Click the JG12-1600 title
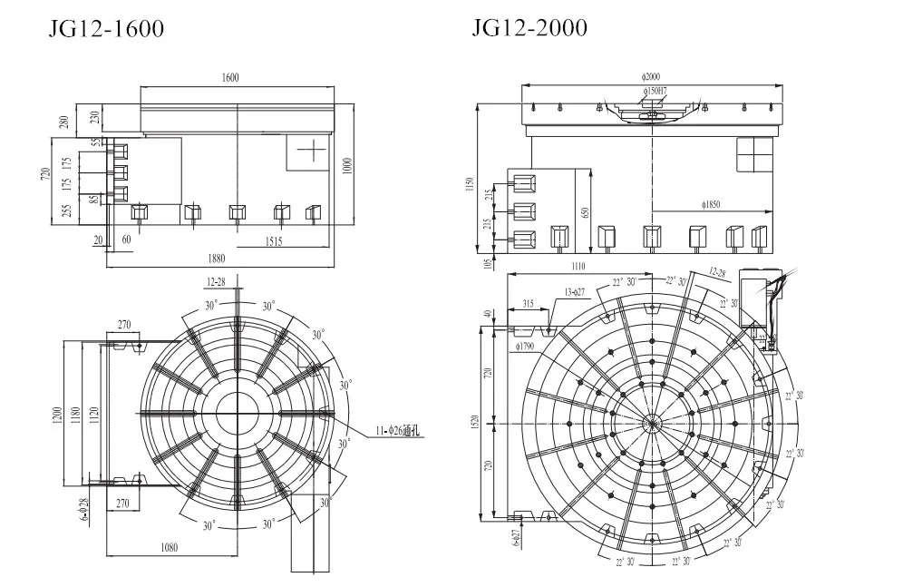click(x=106, y=29)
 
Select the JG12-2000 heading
click(x=529, y=28)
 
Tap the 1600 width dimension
click(x=229, y=78)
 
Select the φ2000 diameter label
click(x=650, y=78)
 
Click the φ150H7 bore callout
click(x=654, y=91)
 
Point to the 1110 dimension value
click(x=578, y=266)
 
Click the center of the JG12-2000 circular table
click(x=651, y=423)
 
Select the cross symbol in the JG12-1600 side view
click(x=310, y=151)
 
